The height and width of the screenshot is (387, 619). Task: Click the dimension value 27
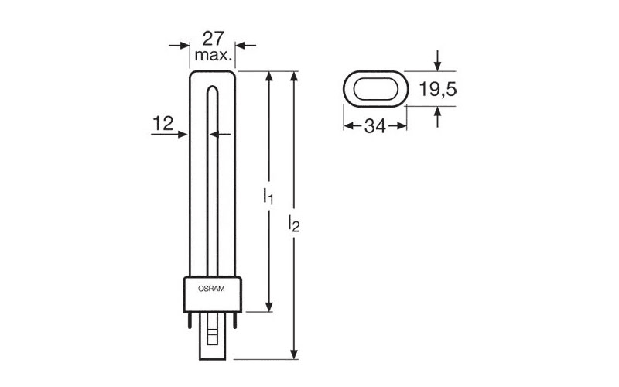coord(214,38)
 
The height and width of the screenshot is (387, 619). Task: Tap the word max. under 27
coord(214,55)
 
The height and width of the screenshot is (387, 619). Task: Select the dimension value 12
coord(162,124)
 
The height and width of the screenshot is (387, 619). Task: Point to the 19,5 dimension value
coord(438,89)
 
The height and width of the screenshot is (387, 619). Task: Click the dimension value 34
coord(375,126)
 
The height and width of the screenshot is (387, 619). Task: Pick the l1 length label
coord(268,196)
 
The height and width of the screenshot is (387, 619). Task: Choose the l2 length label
coord(294,223)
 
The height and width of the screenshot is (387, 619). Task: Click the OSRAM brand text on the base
coord(211,289)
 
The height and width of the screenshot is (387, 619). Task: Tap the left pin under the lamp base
coord(190,320)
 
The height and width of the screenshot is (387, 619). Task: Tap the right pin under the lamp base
coord(235,320)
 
